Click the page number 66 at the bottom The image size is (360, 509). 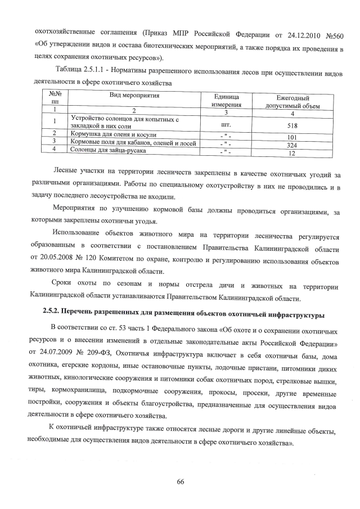181,481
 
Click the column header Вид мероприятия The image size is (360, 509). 134,96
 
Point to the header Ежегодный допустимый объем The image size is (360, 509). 293,101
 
